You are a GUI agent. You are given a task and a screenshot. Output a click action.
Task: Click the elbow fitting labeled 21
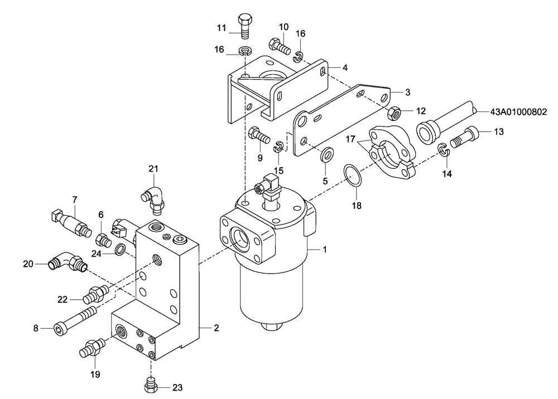click(155, 198)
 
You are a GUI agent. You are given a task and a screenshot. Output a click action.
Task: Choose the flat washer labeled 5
click(328, 153)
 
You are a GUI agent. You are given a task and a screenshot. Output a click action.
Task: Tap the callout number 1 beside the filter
click(325, 251)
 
